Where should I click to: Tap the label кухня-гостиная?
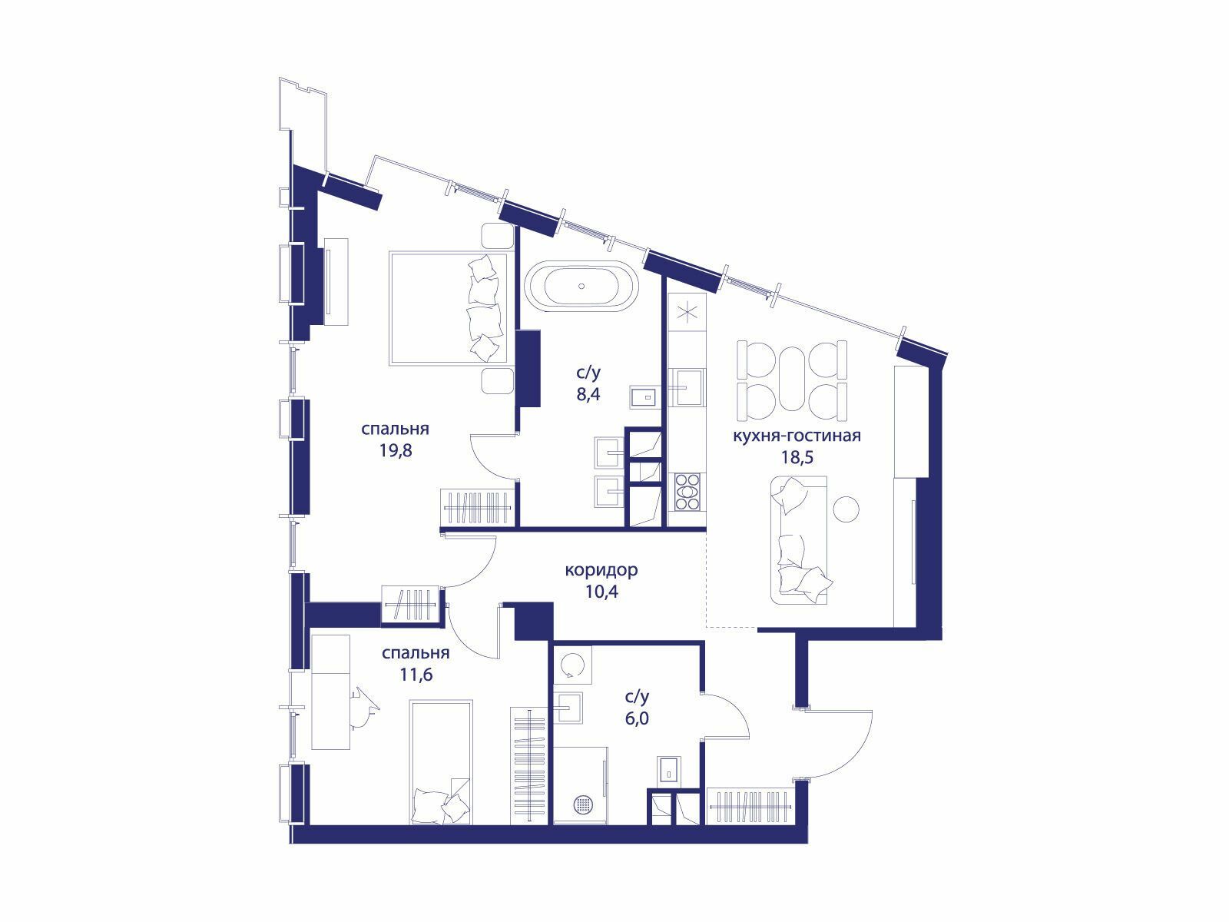[x=797, y=436]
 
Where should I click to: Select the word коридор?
[x=601, y=570]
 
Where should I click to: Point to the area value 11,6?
[x=416, y=674]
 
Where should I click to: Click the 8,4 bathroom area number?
[x=588, y=394]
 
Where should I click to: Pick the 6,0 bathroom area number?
[x=638, y=718]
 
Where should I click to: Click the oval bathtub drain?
[x=582, y=286]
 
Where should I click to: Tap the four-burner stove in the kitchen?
[x=687, y=492]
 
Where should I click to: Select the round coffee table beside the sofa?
[x=846, y=509]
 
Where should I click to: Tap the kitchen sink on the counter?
[x=687, y=386]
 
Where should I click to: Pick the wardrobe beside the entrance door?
[x=750, y=806]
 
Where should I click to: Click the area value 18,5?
[x=797, y=457]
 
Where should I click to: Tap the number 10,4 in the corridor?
[x=602, y=591]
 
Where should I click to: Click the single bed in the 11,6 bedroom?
[x=441, y=762]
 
